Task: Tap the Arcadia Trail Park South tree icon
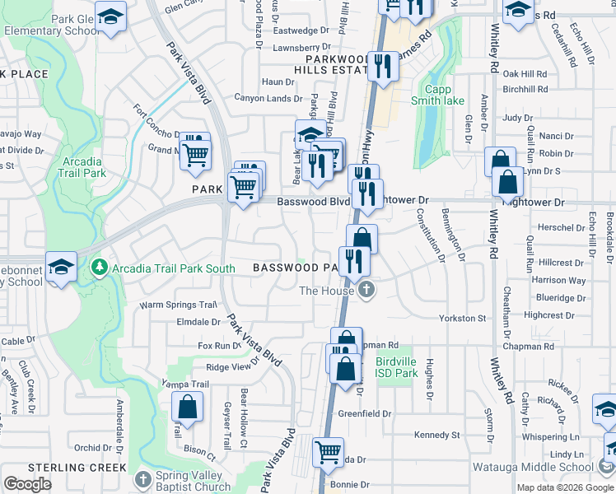[x=100, y=268]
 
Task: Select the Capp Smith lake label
[x=446, y=96]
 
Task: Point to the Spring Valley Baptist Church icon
[x=142, y=479]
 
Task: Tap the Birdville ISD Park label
[x=396, y=367]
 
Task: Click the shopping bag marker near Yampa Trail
[x=188, y=407]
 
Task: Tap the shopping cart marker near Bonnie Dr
[x=329, y=452]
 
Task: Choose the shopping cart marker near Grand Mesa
[x=195, y=153]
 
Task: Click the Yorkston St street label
[x=464, y=318]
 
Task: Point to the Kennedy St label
[x=437, y=435]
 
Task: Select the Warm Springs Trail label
[x=177, y=305]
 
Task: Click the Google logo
[x=27, y=484]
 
